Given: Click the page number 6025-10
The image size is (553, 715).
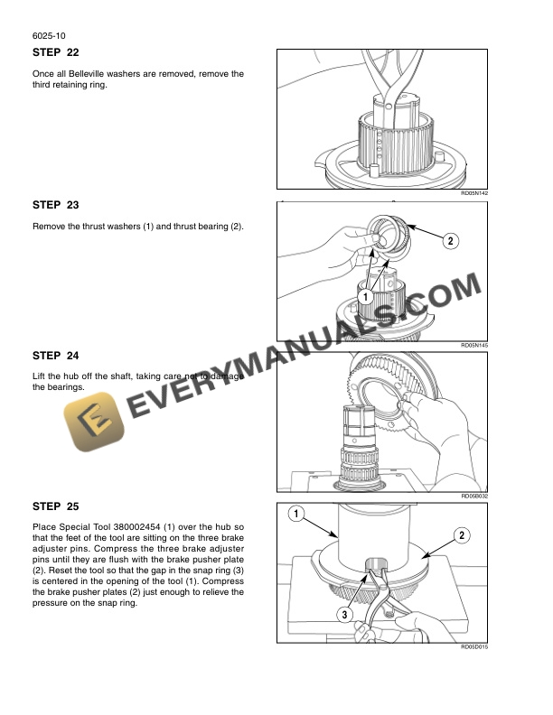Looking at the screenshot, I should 47,36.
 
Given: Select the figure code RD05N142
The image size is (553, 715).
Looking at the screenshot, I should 473,192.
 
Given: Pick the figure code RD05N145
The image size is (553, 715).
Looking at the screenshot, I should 473,345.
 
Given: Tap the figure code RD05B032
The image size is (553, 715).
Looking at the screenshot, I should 473,496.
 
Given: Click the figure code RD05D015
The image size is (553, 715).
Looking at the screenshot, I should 473,646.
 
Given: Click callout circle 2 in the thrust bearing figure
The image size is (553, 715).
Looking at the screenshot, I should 449,240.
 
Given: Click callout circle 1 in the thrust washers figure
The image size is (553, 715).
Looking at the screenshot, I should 366,296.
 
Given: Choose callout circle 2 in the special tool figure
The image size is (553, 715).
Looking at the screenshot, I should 461,536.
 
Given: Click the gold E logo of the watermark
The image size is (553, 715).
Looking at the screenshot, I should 88,422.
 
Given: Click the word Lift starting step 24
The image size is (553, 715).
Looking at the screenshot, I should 40,376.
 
